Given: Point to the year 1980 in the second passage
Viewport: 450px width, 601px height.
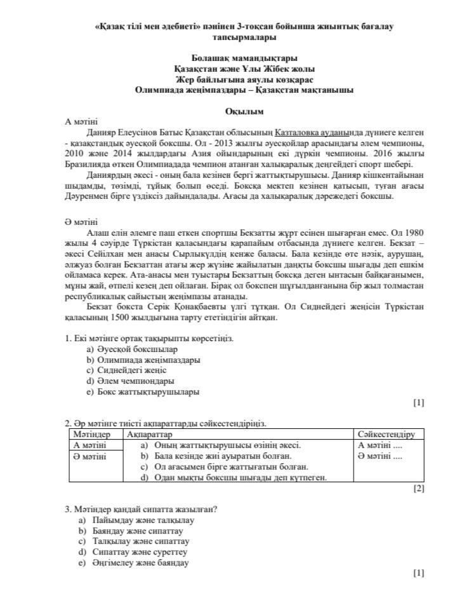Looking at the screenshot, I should (x=413, y=232).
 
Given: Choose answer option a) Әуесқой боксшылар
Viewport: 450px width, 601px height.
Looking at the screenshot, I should (x=132, y=349).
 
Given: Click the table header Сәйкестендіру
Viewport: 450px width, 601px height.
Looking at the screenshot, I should (x=386, y=435).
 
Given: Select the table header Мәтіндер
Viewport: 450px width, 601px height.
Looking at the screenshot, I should (x=92, y=435).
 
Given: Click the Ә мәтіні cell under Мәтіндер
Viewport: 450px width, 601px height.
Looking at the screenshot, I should (x=89, y=456).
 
